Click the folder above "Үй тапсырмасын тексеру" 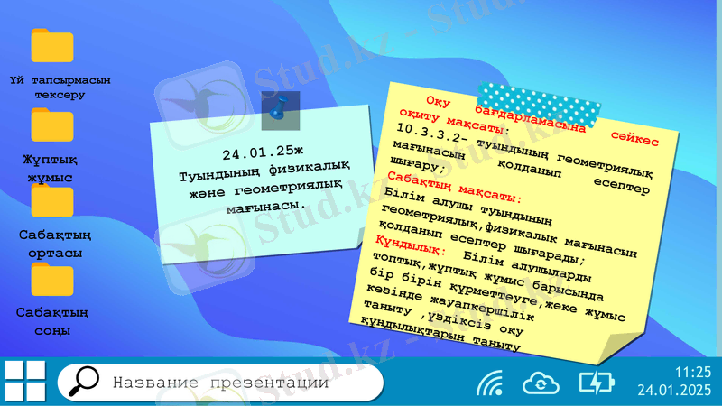52,45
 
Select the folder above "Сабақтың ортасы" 52,200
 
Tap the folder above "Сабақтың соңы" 52,279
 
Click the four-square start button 24,381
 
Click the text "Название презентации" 220,383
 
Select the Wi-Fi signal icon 490,383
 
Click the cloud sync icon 540,383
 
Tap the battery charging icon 596,383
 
